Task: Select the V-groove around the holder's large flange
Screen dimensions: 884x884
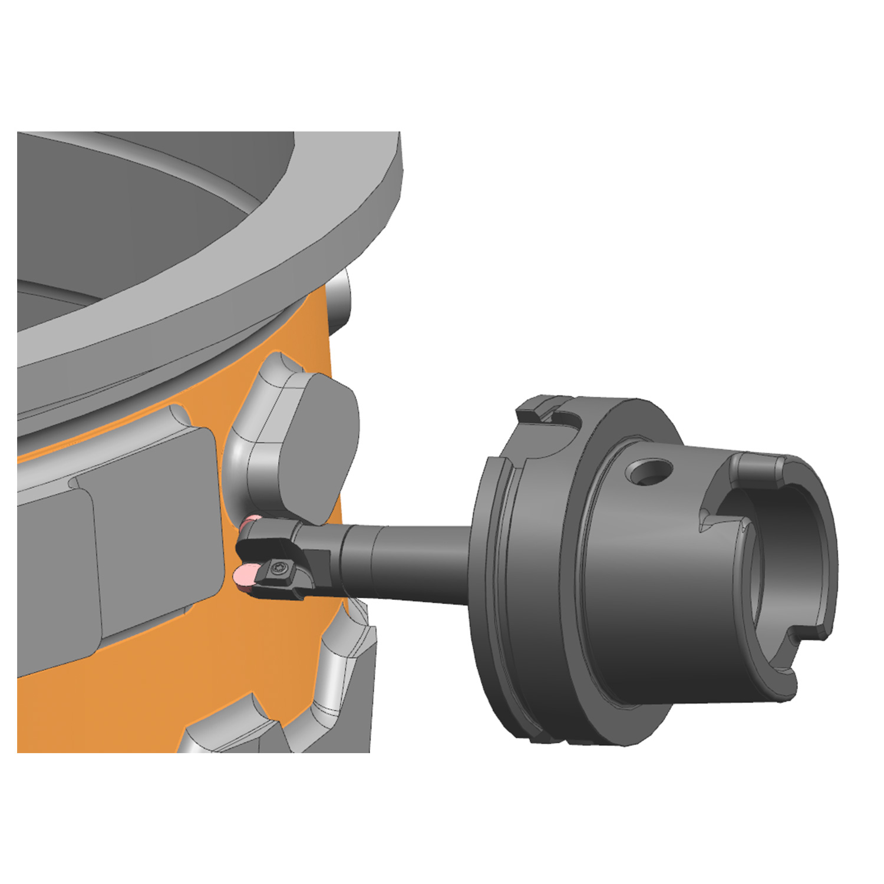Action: coord(504,589)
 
